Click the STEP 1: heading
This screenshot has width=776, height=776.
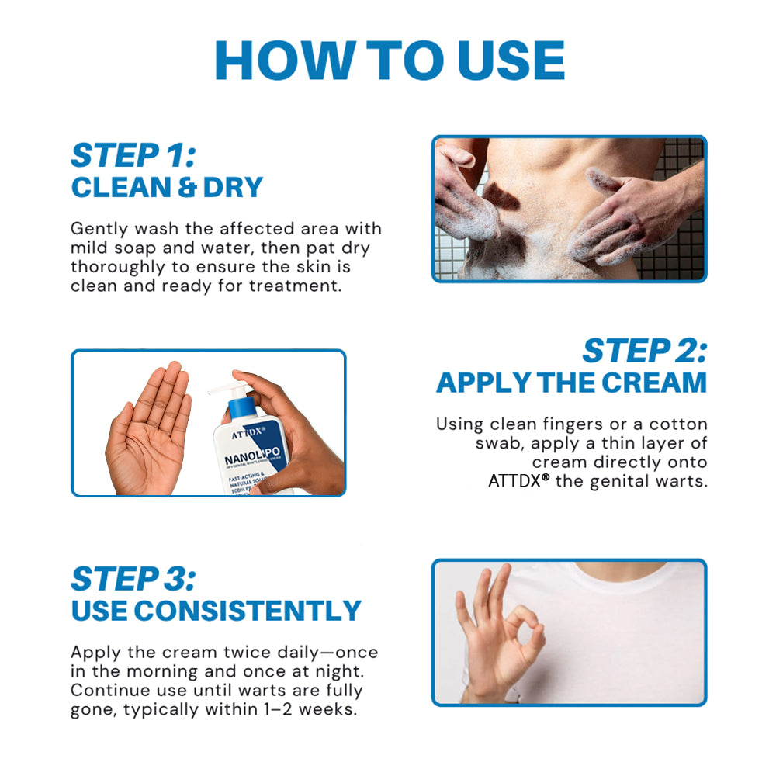click(133, 155)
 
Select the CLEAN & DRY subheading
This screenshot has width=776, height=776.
click(167, 188)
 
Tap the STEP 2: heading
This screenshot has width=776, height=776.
click(644, 351)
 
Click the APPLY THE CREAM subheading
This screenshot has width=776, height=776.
click(571, 383)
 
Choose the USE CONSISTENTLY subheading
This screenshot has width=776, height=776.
click(216, 611)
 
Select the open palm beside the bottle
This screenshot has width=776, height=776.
click(149, 427)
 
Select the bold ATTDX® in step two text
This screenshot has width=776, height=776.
click(518, 480)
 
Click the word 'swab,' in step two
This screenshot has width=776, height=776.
click(502, 443)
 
